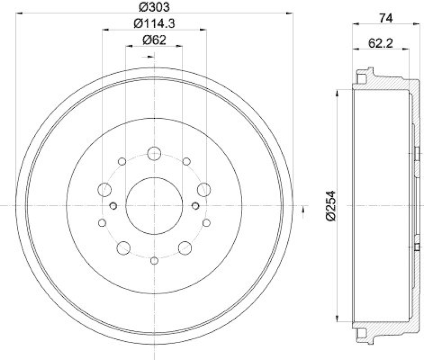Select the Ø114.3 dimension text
154,23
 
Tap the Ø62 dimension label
154,40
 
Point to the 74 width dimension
386,17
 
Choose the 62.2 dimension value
379,45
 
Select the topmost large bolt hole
154,154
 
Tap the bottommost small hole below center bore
154,260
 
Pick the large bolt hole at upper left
105,189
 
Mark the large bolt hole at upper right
203,189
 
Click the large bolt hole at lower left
123,247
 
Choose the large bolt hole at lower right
184,247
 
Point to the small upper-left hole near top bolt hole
122,161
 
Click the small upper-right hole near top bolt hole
186,161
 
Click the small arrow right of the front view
303,210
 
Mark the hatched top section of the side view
390,83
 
